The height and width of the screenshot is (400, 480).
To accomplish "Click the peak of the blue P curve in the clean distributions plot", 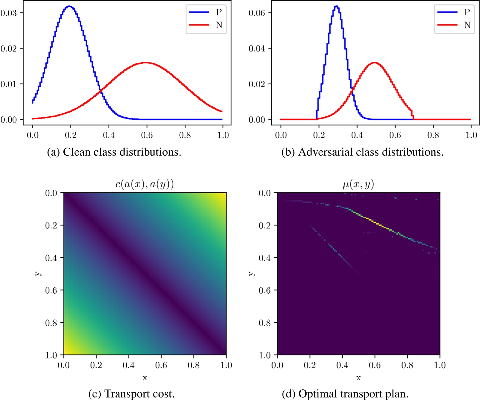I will click(x=69, y=6).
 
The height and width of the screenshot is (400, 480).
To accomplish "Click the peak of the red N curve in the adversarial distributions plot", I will click(x=374, y=63).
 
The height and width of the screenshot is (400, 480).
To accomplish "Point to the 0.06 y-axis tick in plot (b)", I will click(x=257, y=13).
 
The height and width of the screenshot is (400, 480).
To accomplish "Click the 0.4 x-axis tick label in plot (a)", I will click(x=109, y=135).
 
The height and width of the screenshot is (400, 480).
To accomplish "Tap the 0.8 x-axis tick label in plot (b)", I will click(x=433, y=135).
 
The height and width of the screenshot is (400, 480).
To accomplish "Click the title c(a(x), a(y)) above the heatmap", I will click(x=145, y=184).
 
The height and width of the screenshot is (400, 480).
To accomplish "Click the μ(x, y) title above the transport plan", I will click(x=358, y=184).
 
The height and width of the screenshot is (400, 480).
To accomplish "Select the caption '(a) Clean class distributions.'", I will click(x=114, y=152).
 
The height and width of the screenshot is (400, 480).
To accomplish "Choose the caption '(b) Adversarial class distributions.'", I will click(x=362, y=152).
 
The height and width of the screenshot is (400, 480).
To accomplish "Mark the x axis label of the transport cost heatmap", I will click(x=145, y=378).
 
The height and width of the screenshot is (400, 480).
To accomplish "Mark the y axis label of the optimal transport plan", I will click(x=252, y=274).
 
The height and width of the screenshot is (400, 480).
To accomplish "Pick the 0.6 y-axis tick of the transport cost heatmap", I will click(x=51, y=290).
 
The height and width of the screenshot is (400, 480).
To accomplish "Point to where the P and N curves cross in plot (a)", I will click(x=101, y=90).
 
